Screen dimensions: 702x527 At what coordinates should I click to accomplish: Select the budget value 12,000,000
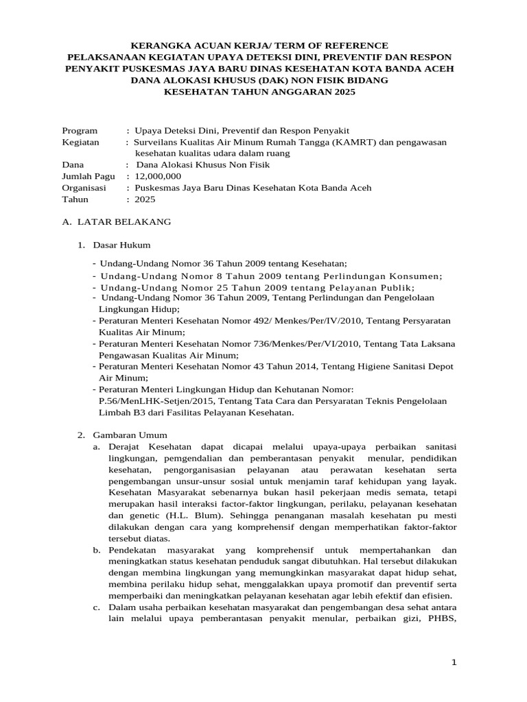pos(157,176)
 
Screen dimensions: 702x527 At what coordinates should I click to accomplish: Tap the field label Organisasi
pos(84,188)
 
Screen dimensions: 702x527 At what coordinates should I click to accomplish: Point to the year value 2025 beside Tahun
pos(145,199)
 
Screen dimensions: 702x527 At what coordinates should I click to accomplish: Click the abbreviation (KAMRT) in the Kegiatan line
pos(353,142)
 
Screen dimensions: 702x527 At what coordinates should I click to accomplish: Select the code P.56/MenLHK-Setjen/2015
pos(157,401)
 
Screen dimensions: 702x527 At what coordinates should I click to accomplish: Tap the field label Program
pos(80,130)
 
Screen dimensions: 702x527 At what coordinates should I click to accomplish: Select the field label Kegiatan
pos(80,142)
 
